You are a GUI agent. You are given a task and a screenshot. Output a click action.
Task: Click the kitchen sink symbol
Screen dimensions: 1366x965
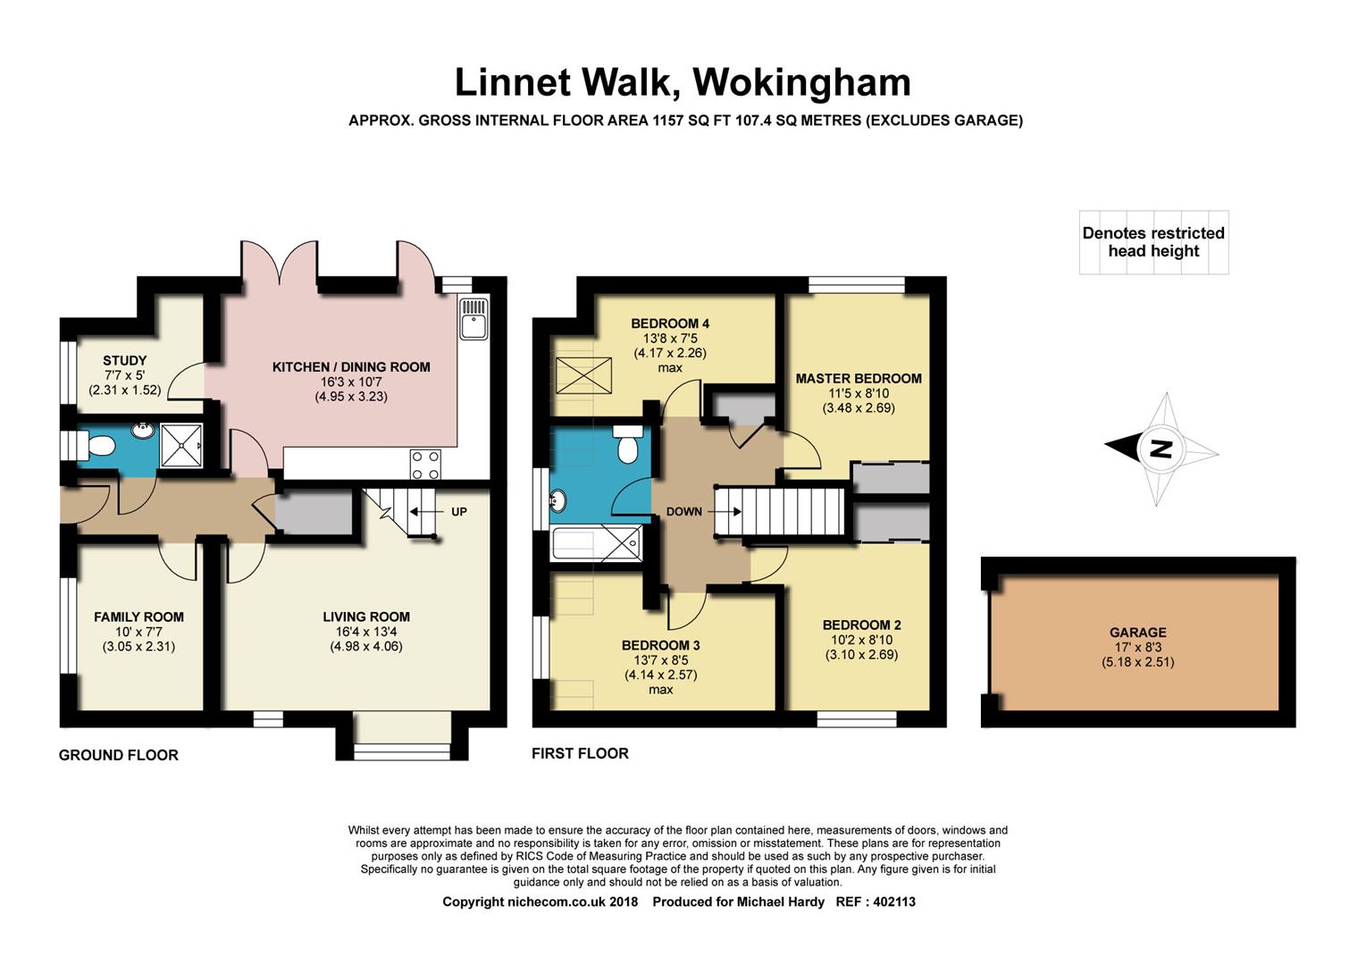473,318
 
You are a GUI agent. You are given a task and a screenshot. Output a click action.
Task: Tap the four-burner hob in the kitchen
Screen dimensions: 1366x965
425,465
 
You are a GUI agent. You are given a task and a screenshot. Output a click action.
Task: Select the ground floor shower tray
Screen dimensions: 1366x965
181,446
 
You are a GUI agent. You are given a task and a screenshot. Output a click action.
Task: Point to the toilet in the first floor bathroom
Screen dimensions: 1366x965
627,443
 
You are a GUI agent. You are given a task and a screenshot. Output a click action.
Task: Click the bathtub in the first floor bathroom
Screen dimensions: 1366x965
596,543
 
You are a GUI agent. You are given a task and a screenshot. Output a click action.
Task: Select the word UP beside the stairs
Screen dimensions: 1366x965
459,512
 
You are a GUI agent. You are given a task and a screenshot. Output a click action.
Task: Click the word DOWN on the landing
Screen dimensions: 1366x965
683,512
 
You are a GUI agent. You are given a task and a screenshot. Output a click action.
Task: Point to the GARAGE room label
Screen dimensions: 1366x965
1138,633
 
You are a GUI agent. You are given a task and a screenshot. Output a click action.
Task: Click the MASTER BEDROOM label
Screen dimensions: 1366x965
859,378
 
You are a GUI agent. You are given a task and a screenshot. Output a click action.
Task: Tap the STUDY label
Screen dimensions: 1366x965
125,360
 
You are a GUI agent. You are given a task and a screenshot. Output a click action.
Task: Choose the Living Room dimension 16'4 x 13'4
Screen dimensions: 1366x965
366,632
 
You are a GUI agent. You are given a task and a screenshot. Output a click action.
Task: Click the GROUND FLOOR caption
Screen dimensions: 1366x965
119,755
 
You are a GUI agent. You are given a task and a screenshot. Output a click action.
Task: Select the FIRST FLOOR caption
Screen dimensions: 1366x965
580,753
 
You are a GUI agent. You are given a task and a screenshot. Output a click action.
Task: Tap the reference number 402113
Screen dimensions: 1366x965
894,902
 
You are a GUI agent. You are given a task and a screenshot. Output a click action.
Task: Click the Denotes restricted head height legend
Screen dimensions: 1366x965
1153,242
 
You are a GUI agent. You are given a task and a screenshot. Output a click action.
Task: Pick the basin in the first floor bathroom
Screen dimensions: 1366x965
557,500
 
